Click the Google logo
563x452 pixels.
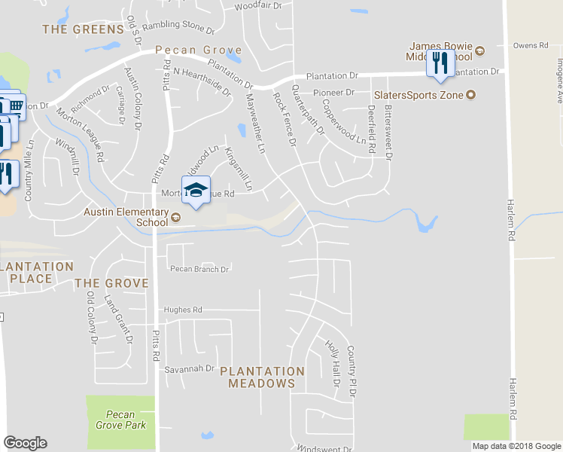[25, 443]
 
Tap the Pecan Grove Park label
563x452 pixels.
[120, 420]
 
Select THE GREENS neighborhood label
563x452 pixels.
[83, 29]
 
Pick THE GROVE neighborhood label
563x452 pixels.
[111, 283]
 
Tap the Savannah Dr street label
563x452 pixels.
[190, 369]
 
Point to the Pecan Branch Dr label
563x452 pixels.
[199, 269]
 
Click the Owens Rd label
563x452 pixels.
[531, 46]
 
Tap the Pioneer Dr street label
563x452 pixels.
[333, 93]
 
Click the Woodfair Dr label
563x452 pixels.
[257, 5]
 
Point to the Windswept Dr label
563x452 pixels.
[324, 447]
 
